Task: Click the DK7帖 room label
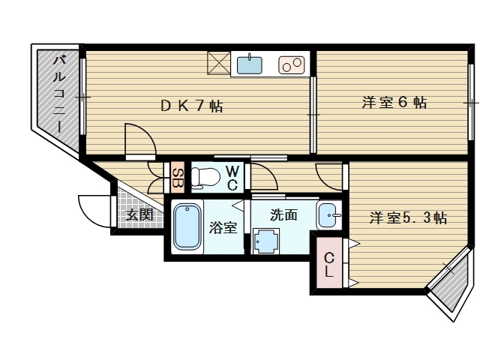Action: click(x=191, y=106)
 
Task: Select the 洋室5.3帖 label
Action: click(x=408, y=218)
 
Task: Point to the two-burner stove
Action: click(x=290, y=65)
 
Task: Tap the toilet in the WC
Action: click(x=203, y=178)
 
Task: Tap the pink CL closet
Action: click(x=329, y=262)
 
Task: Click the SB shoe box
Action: click(x=177, y=178)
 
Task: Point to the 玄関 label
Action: click(x=139, y=214)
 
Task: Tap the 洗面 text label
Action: click(x=283, y=214)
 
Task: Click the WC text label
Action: click(x=232, y=178)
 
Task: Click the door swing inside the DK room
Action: click(x=139, y=139)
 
